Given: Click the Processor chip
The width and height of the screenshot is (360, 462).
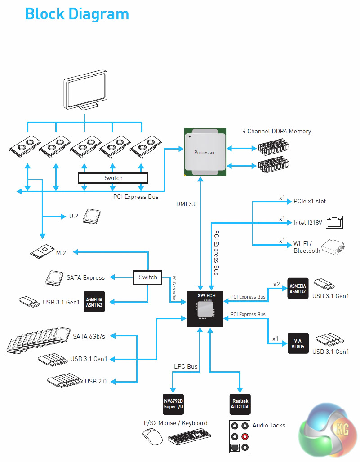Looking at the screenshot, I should pyautogui.click(x=204, y=152).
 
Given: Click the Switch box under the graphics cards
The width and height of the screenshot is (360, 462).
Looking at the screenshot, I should pyautogui.click(x=113, y=178).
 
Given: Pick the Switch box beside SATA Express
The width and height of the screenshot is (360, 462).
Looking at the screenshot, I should pyautogui.click(x=148, y=277).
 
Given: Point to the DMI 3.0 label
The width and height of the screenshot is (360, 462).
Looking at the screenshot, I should pyautogui.click(x=186, y=204).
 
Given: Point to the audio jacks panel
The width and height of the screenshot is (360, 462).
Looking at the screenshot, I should pyautogui.click(x=239, y=436).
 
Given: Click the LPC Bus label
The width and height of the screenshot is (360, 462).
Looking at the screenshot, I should pyautogui.click(x=186, y=367).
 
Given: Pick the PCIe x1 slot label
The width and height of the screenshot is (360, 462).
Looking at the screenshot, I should pyautogui.click(x=310, y=202).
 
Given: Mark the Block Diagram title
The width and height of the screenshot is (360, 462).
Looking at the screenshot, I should pyautogui.click(x=77, y=14).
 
